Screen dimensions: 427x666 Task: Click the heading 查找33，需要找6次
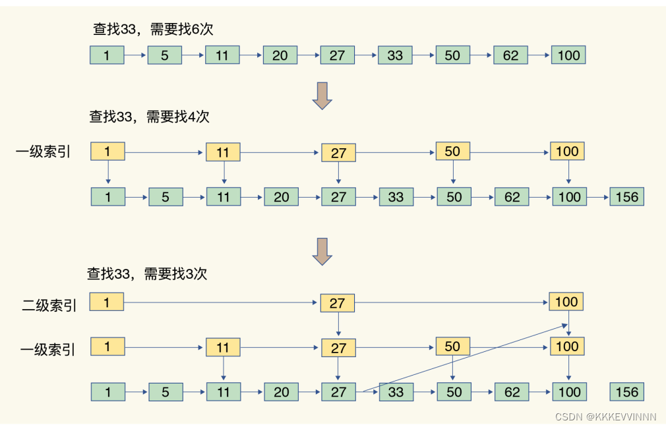pos(153,29)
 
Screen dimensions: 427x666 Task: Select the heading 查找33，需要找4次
pos(150,117)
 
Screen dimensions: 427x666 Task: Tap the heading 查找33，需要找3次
pos(147,273)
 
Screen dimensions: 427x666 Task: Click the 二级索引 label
pos(49,305)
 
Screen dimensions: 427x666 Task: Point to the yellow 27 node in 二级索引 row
pos(337,303)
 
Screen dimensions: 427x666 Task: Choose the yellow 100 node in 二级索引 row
pos(566,302)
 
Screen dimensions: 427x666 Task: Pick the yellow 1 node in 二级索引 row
pos(107,302)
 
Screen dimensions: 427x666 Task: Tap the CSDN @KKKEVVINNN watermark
pos(606,416)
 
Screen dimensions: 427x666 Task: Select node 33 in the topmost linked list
pos(395,55)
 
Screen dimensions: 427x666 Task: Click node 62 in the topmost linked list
pos(510,55)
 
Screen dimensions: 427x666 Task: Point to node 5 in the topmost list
pos(164,55)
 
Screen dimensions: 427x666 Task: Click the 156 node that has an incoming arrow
pos(626,196)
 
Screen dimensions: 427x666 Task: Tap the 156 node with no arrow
pos(626,392)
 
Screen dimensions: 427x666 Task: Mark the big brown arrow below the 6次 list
pos(322,96)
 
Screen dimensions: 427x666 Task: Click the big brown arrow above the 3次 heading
pos(322,251)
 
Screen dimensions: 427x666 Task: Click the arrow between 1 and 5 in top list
pos(135,55)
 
